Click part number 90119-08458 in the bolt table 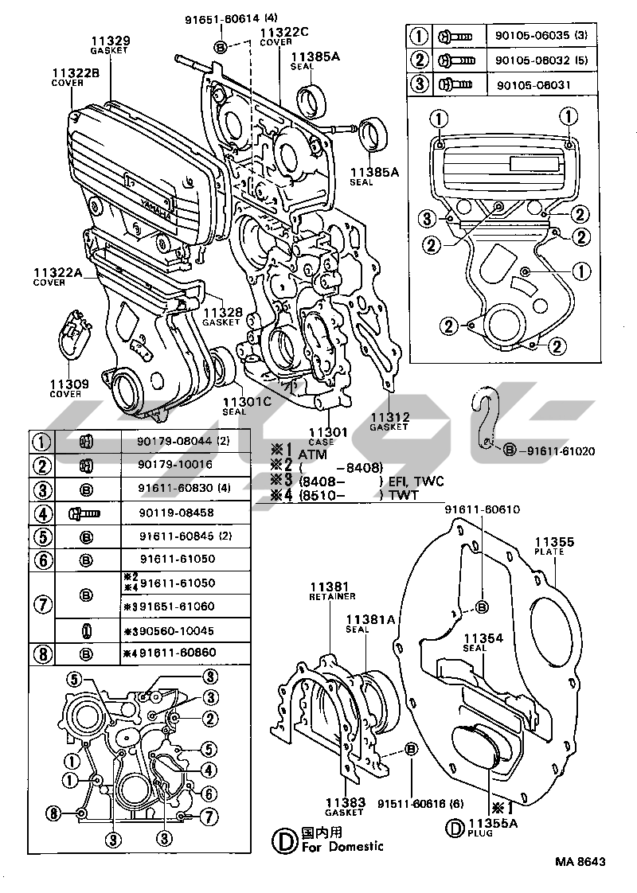tap(174, 513)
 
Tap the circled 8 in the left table tap(41, 654)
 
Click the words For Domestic tap(343, 846)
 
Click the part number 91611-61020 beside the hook tap(560, 451)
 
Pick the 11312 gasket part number tap(389, 416)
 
